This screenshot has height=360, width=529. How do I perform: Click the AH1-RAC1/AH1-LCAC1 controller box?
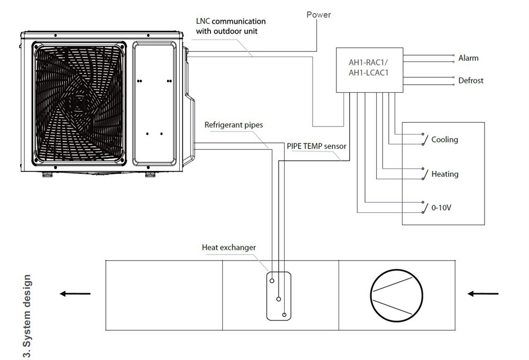point(369,70)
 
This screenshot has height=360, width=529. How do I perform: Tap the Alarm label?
point(468,58)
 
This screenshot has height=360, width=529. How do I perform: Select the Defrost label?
point(471,80)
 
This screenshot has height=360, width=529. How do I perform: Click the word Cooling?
point(445,139)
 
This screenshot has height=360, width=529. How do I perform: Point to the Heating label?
point(445,174)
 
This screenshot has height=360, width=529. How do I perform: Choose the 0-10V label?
point(441,208)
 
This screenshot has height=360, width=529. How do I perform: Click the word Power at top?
point(318,15)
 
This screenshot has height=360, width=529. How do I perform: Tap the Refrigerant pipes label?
point(233,125)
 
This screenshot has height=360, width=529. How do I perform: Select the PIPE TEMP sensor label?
point(316,146)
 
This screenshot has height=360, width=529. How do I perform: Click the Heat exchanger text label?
point(229,248)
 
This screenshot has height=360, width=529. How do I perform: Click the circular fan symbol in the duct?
point(396,295)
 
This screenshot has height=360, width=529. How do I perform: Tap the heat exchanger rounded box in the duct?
point(279,296)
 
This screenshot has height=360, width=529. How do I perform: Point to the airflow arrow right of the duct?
point(483,294)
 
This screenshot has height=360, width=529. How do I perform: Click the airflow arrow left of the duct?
point(75,294)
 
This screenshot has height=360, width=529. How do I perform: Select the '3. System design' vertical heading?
point(27,316)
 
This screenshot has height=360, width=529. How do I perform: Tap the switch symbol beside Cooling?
point(424,139)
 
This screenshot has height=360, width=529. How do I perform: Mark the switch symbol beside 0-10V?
point(424,208)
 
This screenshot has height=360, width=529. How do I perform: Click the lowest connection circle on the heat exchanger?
point(284,315)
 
